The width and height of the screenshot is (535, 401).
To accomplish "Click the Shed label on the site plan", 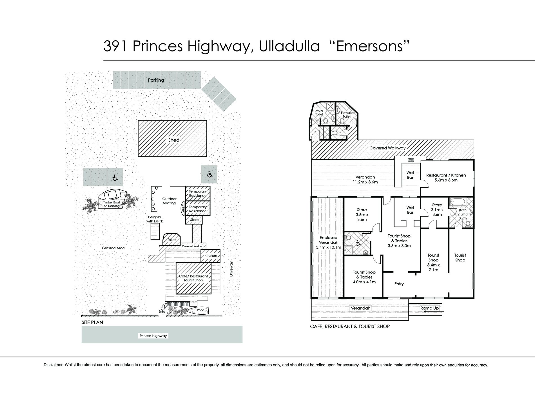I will click(x=173, y=140).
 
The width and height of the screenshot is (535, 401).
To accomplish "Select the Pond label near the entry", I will click(x=200, y=310).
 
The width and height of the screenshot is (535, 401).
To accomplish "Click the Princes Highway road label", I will click(x=153, y=335).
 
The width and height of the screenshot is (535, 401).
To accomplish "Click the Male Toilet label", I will click(x=319, y=112).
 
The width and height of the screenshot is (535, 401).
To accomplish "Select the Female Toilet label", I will click(x=346, y=115).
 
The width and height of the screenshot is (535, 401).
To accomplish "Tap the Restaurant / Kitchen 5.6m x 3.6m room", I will click(x=446, y=178).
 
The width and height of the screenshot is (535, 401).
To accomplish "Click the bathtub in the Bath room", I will click(x=458, y=202).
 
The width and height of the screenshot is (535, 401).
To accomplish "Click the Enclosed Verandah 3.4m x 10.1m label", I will click(x=328, y=242).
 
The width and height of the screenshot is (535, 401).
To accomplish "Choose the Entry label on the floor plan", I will click(x=399, y=284).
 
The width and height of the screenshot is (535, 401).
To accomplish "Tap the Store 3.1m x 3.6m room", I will click(x=437, y=210).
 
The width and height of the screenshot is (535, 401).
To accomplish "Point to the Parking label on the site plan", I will click(x=156, y=80).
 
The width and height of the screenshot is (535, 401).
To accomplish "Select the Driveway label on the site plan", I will click(x=231, y=269).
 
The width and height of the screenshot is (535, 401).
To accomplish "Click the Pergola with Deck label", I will click(x=155, y=219).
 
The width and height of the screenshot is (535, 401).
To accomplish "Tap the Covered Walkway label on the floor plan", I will click(x=387, y=148).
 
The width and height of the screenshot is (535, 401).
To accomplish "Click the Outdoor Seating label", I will click(x=169, y=201).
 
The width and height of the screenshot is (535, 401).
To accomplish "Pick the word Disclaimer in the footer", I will click(x=53, y=365).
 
